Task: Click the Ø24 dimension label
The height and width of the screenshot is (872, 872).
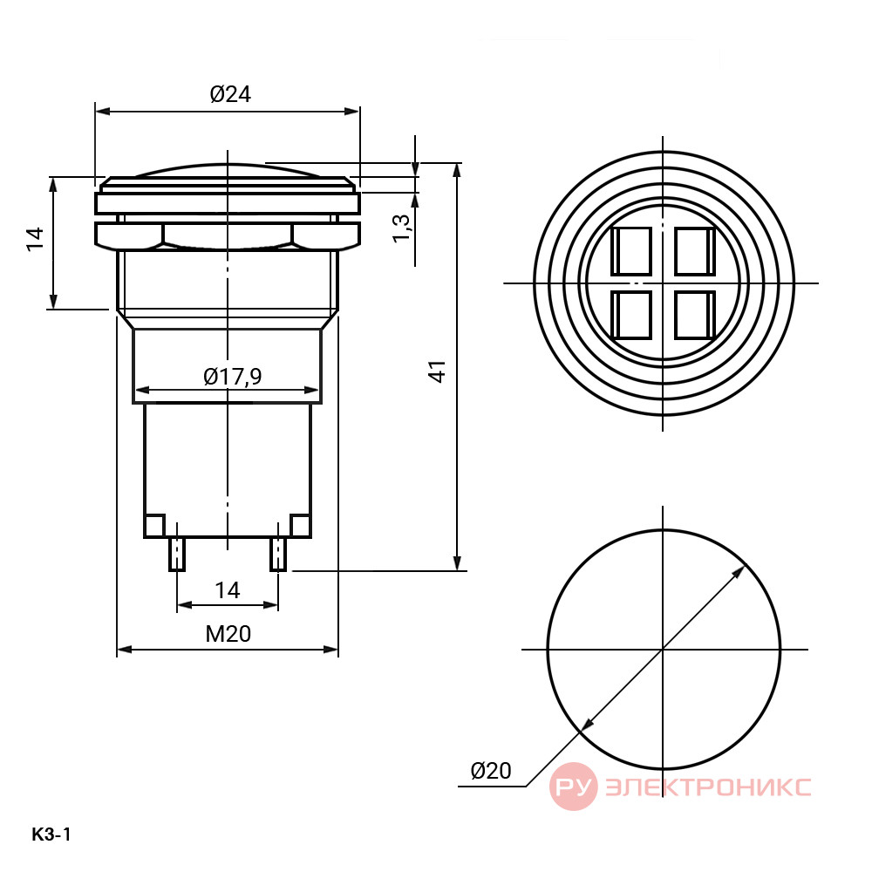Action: click(230, 94)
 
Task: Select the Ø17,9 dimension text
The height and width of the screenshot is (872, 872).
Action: click(233, 377)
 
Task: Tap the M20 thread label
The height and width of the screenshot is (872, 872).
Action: click(228, 633)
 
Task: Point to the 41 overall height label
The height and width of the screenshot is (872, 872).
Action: click(438, 371)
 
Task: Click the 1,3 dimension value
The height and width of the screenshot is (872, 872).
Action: click(401, 228)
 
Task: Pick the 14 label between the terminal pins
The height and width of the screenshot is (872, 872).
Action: click(228, 590)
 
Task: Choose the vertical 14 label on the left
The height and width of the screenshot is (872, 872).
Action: click(35, 239)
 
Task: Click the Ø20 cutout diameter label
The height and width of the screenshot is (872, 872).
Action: click(491, 770)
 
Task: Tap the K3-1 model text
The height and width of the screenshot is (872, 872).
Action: click(51, 835)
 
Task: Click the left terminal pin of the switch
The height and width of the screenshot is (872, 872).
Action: click(177, 554)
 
